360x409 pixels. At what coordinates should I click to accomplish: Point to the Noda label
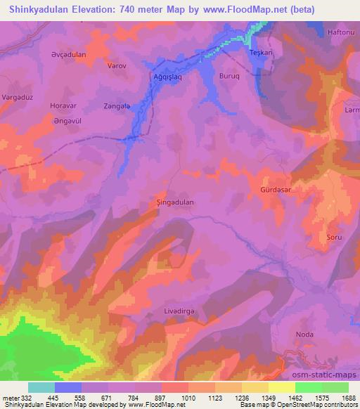coord(304,335)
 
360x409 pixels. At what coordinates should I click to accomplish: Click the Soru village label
coord(334,238)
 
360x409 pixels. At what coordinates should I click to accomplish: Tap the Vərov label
coord(115,65)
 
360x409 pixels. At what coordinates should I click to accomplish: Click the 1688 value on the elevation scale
coord(347,398)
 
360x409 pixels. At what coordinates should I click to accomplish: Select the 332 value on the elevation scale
coord(21,398)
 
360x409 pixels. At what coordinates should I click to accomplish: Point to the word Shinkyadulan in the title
coord(35,9)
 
